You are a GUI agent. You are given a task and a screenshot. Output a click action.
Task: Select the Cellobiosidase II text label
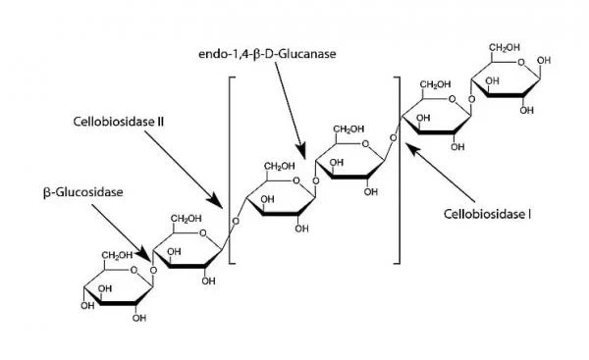click(x=119, y=124)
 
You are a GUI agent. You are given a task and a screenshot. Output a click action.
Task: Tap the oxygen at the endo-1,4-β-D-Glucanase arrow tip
click(x=315, y=179)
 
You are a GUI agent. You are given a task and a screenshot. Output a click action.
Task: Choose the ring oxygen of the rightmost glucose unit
click(x=533, y=68)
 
